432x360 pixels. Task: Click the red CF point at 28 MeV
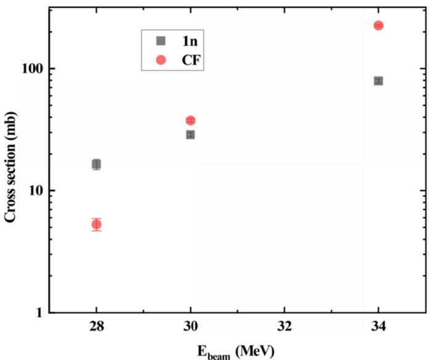[96, 224]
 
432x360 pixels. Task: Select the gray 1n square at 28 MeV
[96, 164]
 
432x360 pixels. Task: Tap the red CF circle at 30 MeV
[191, 120]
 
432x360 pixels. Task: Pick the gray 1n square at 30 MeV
[191, 134]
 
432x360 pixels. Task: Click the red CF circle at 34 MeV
[378, 25]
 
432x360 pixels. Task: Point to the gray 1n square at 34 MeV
[378, 81]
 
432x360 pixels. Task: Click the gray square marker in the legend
[160, 41]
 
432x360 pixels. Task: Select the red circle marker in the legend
[160, 60]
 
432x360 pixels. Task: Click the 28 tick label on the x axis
[96, 327]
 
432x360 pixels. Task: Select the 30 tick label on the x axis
[191, 327]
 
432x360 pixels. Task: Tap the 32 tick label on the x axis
[285, 327]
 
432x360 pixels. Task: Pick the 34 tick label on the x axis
[378, 327]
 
